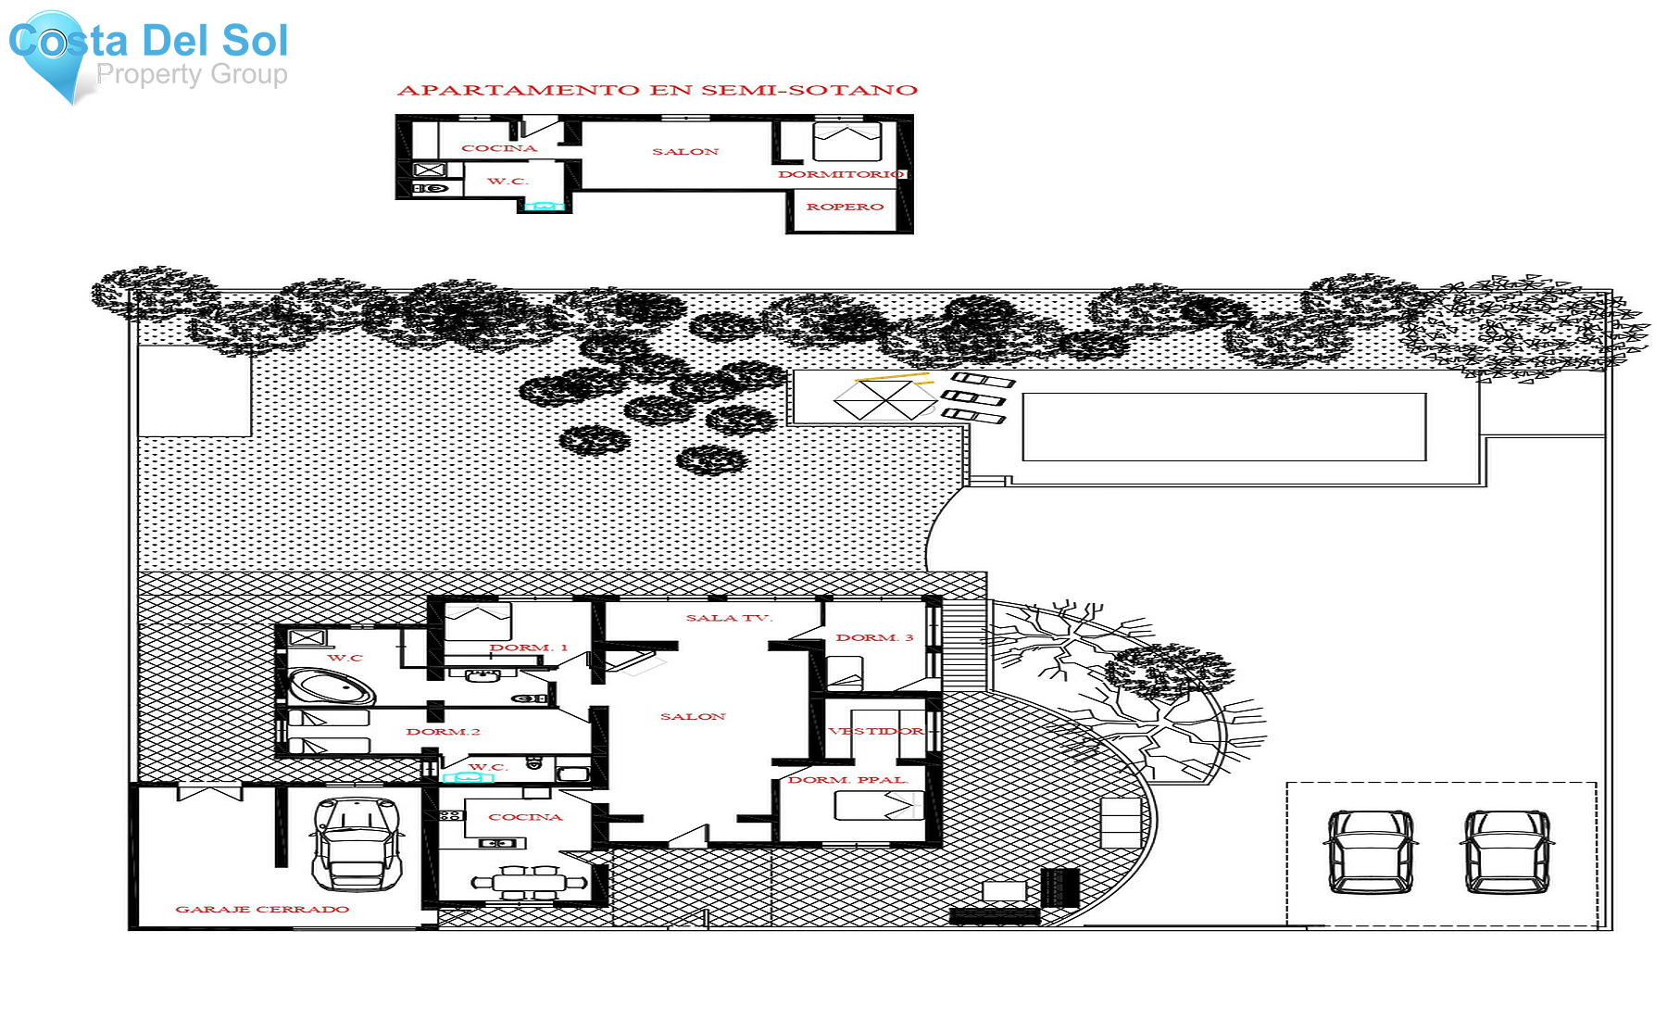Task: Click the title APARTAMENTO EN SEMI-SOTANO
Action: coord(658,90)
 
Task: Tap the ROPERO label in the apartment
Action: coord(845,207)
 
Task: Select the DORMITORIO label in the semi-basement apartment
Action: coord(841,174)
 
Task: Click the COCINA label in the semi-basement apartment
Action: coord(499,148)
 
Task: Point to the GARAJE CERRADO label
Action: coord(262,909)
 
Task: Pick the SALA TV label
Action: coord(729,618)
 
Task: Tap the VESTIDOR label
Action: coord(876,731)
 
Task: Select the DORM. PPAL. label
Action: coord(847,780)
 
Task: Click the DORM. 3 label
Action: coord(874,637)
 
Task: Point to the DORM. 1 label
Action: coord(528,648)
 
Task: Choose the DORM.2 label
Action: coord(443,732)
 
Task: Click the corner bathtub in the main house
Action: coord(332,687)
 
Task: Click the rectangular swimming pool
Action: coord(1223,426)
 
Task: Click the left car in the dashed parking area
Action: coord(1371,850)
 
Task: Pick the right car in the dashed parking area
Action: coord(1507,850)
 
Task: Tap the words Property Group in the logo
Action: coord(192,74)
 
